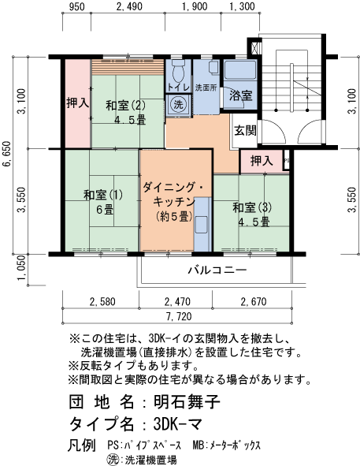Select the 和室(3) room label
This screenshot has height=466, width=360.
252,214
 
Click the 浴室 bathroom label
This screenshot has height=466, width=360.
240,95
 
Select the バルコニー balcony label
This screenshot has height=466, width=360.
217,270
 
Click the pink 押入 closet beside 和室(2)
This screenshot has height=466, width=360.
77,103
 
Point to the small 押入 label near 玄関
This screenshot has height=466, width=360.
262,161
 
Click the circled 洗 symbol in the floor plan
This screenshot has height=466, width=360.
178,105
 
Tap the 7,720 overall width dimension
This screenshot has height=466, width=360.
180,317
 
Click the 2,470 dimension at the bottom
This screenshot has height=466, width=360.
177,300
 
